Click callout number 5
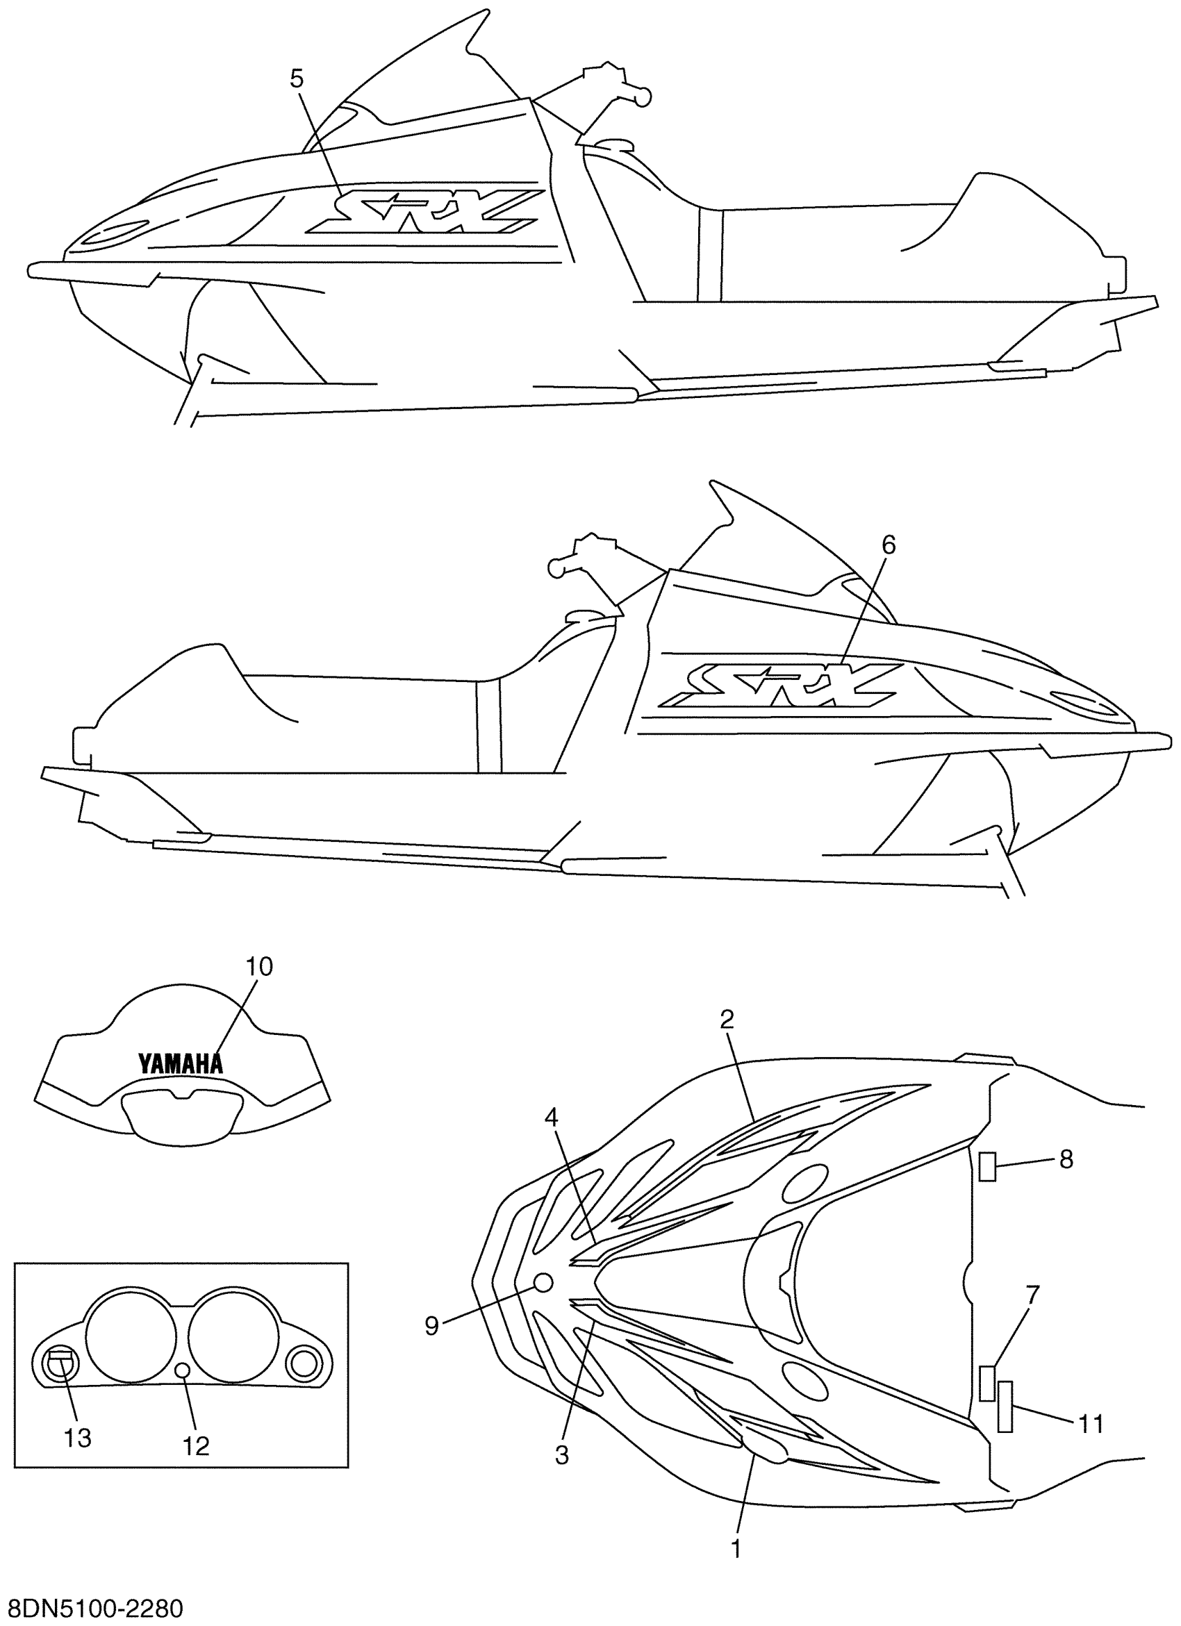297,79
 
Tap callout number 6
888,545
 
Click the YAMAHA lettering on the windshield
180,1063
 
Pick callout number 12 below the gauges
196,1446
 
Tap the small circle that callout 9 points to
543,1283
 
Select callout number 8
1066,1159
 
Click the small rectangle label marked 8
988,1166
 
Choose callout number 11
1091,1423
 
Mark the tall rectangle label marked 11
1005,1406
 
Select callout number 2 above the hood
727,1019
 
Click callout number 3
562,1454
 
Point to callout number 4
551,1116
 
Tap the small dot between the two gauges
182,1370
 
